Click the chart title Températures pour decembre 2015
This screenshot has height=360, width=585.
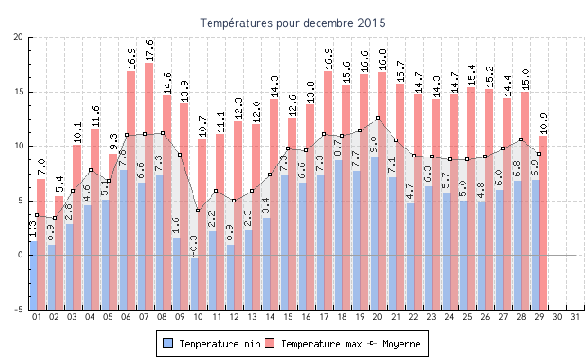point(292,22)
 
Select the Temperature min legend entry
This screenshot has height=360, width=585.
point(215,344)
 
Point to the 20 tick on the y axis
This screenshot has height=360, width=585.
point(19,37)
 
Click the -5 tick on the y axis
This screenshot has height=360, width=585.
point(19,310)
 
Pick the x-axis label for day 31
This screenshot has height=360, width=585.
point(575,317)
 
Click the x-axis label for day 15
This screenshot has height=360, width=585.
point(288,317)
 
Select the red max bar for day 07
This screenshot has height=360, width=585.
point(149,162)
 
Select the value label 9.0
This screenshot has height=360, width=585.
point(374,144)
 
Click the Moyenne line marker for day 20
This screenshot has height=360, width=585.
point(378,118)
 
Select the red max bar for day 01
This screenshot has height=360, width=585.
point(41,216)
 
